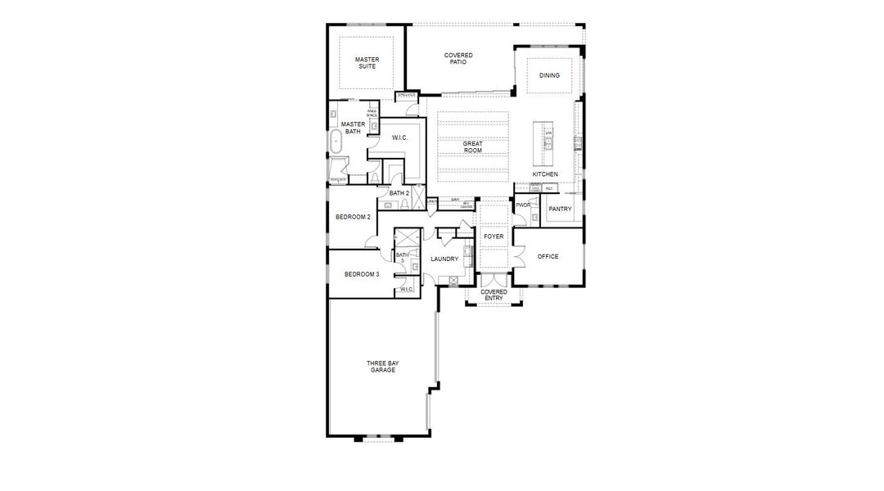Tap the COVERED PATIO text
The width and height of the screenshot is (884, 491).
coord(458,58)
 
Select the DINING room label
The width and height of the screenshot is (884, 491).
coord(549,75)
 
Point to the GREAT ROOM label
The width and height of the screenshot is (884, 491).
coord(472,147)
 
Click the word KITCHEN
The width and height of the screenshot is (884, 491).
coord(545,174)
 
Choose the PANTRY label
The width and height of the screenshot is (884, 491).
coord(560,209)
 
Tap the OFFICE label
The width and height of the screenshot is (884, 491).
coord(548,256)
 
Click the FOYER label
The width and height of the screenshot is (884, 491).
coord(494,236)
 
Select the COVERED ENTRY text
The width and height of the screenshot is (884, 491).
coord(494,295)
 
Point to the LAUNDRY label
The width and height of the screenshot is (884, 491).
coord(444,259)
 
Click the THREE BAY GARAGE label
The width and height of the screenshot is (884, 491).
coord(381,367)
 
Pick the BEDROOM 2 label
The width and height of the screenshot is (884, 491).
coord(353,217)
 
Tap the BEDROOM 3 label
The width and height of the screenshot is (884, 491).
coord(361,274)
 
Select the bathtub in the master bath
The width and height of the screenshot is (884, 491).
coord(334,143)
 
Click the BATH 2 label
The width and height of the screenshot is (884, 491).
coord(399,193)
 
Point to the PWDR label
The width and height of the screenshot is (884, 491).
coord(523,205)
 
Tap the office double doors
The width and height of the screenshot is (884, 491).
coord(517,260)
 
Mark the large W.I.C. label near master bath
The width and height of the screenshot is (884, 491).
coord(400,137)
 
